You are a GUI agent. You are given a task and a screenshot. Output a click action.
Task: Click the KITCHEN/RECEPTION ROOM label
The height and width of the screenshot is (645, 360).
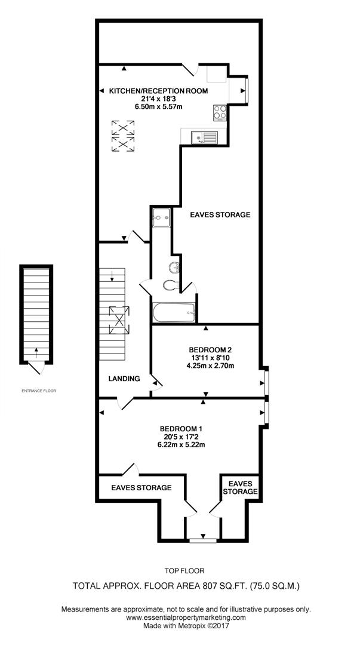tap(158, 91)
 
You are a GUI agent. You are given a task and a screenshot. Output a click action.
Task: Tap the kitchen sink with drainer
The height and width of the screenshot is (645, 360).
tap(205, 137)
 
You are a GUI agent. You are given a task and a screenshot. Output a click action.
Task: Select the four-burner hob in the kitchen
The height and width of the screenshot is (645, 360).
tap(219, 112)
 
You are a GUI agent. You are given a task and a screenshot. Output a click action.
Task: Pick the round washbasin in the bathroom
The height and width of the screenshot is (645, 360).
tap(174, 266)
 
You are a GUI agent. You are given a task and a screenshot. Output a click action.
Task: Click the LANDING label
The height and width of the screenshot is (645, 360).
tap(124, 379)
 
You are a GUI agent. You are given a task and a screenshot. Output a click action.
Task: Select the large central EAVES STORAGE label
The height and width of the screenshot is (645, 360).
tap(220, 214)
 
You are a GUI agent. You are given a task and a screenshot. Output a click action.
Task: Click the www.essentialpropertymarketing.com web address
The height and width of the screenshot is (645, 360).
tap(186, 618)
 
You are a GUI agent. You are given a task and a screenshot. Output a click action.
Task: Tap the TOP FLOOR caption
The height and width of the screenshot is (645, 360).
tap(184, 570)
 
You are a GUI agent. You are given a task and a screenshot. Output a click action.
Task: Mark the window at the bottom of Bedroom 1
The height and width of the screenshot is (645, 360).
tap(203, 541)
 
